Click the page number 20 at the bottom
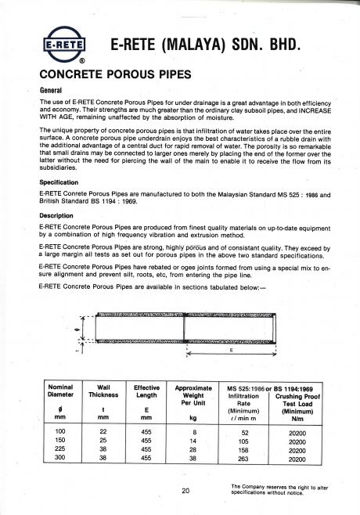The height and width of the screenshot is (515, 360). tap(185, 492)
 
